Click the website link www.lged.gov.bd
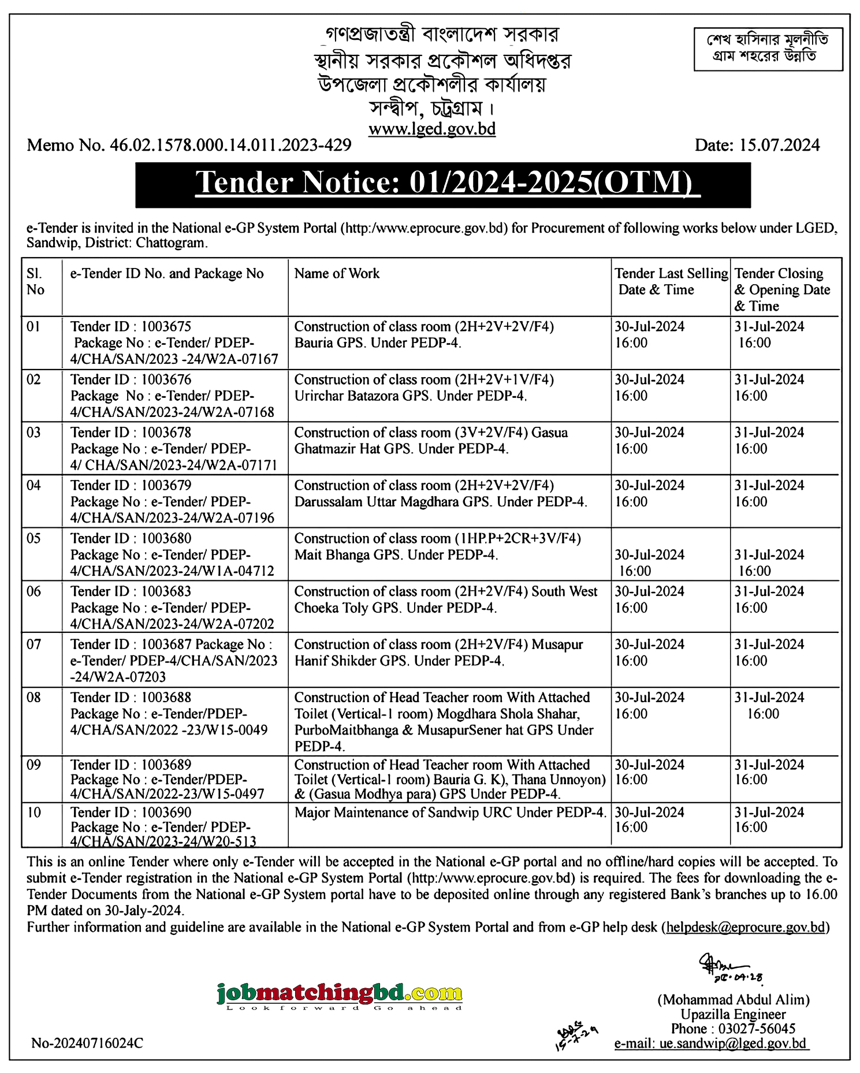pyautogui.click(x=432, y=128)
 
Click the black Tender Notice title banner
pyautogui.click(x=443, y=184)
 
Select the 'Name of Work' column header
pyautogui.click(x=337, y=274)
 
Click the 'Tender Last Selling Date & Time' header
pyautogui.click(x=671, y=281)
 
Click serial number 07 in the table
pyautogui.click(x=34, y=644)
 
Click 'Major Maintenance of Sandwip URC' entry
pyautogui.click(x=450, y=813)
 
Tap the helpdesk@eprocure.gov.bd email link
pyautogui.click(x=745, y=927)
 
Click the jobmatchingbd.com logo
pyautogui.click(x=340, y=994)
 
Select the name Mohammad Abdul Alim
pyautogui.click(x=734, y=1000)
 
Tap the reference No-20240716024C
pyautogui.click(x=87, y=1044)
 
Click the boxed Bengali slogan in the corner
pyautogui.click(x=768, y=49)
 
